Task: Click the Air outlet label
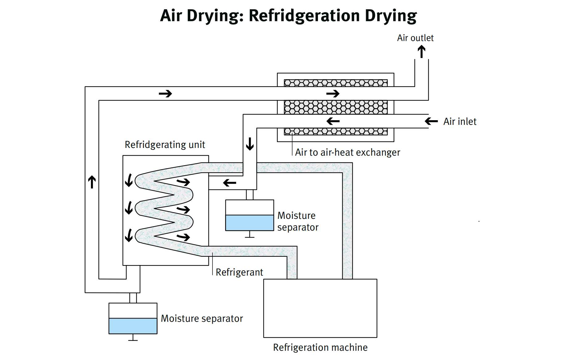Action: pyautogui.click(x=415, y=38)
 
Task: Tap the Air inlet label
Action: pyautogui.click(x=460, y=121)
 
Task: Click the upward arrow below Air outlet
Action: pyautogui.click(x=422, y=51)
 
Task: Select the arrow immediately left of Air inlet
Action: pyautogui.click(x=431, y=121)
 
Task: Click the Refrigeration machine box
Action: pyautogui.click(x=320, y=308)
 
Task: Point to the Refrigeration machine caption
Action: pyautogui.click(x=320, y=347)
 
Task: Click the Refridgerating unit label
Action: pyautogui.click(x=165, y=145)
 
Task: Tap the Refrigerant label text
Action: pyautogui.click(x=239, y=272)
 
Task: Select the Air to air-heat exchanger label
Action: pyautogui.click(x=347, y=152)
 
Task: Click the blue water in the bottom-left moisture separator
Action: pyautogui.click(x=133, y=326)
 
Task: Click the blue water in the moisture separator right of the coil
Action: pyautogui.click(x=249, y=223)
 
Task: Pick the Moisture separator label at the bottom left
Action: pyautogui.click(x=202, y=318)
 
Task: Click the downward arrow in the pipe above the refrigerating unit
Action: pyautogui.click(x=250, y=144)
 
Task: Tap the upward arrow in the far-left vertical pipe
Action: pyautogui.click(x=92, y=182)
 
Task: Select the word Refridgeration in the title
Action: pyautogui.click(x=304, y=15)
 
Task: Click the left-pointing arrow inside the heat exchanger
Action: pyautogui.click(x=333, y=121)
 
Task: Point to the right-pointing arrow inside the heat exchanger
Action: pyautogui.click(x=333, y=93)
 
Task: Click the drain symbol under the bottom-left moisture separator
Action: pyautogui.click(x=133, y=338)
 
